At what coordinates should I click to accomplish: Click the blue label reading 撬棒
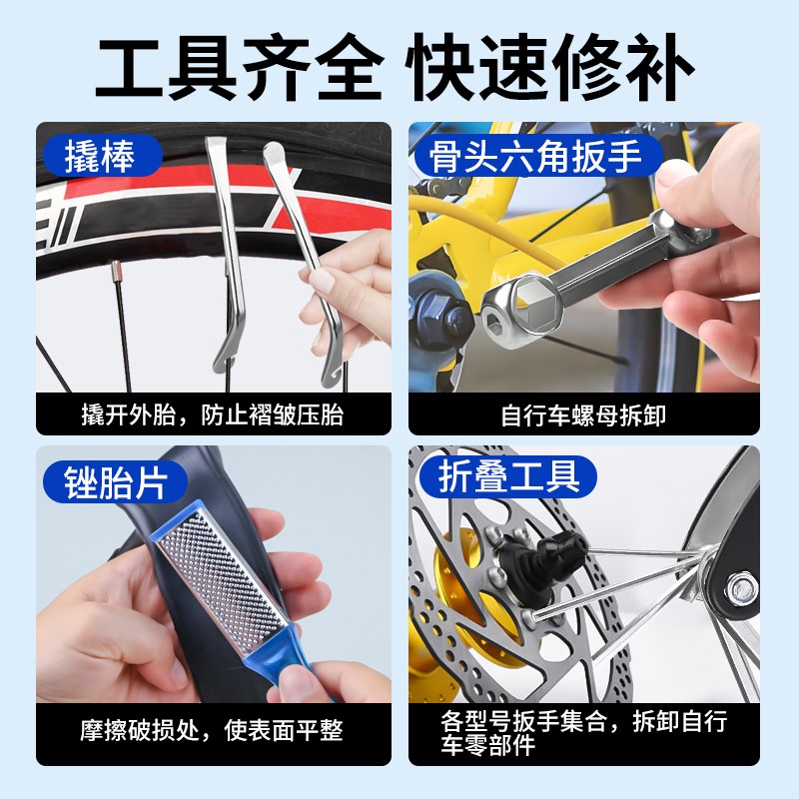tap(100, 155)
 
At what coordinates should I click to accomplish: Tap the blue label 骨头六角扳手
tap(536, 156)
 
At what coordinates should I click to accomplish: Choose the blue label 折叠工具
tap(509, 476)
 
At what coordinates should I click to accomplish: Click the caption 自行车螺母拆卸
tap(584, 413)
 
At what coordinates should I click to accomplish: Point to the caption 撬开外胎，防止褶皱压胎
tap(212, 413)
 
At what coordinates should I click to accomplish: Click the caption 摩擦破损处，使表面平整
tap(212, 730)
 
